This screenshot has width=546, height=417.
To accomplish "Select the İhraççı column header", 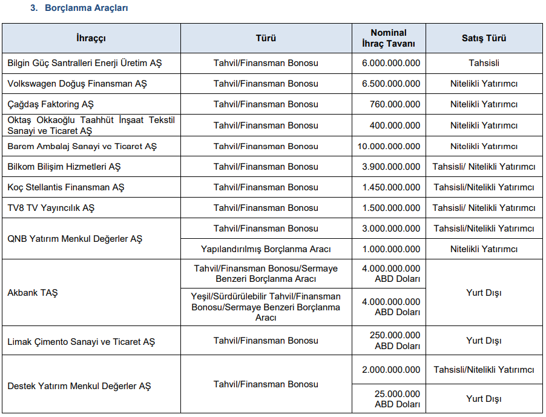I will point(91,38).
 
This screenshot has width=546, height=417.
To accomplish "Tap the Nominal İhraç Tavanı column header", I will point(389,38).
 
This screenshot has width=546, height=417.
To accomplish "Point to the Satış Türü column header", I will point(484,38).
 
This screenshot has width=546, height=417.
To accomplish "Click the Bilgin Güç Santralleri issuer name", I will point(85,63).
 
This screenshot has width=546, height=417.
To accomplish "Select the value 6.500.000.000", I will point(391,84).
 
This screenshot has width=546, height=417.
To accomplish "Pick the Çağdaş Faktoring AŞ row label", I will point(51,104).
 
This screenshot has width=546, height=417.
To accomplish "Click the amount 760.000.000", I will point(395,104).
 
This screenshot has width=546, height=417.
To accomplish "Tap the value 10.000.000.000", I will point(389,146).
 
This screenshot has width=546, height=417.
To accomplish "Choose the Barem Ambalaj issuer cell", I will point(82,146).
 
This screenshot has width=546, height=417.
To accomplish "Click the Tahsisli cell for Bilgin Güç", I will point(484,63).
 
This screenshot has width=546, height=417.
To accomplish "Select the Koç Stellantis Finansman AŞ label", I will point(66,187).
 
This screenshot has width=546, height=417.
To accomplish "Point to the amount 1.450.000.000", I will point(391,187).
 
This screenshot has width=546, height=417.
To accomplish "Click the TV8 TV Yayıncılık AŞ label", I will point(51,208).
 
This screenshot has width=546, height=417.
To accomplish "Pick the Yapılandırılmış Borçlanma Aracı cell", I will point(266,249).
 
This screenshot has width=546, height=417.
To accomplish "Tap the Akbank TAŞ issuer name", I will point(33,293).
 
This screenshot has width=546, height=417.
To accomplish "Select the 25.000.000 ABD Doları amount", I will point(397,399).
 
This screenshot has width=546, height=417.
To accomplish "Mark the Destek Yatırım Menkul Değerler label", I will point(79,385).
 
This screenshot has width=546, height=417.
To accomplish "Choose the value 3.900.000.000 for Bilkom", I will point(391,167).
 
